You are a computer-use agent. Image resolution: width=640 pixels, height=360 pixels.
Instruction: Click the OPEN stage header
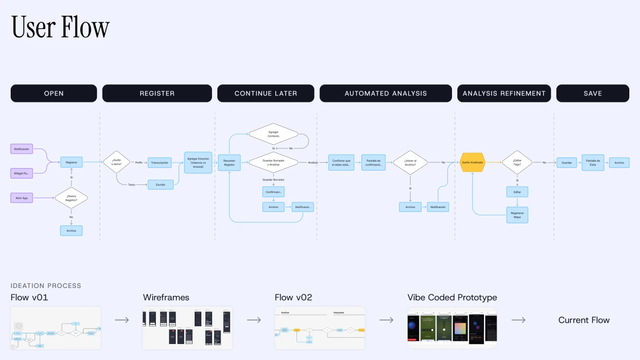tap(54, 93)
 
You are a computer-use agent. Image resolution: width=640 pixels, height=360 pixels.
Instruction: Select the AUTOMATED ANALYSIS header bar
tap(386, 93)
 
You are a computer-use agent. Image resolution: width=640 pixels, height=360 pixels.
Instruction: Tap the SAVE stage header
tap(592, 93)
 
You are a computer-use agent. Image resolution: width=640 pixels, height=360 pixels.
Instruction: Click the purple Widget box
tap(22, 173)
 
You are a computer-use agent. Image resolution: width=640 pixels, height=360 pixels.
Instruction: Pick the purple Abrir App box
tap(22, 198)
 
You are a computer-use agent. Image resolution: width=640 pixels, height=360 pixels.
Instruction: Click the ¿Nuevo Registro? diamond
tap(71, 198)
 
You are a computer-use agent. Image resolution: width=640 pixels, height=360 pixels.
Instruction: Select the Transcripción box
tap(160, 163)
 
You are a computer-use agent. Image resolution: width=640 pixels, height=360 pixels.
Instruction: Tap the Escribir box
tap(160, 184)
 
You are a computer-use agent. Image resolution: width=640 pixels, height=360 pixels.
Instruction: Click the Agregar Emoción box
tap(198, 163)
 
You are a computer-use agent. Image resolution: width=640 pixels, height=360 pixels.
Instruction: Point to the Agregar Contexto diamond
tap(273, 134)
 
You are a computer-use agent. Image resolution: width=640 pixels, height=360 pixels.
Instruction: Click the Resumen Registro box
tap(229, 163)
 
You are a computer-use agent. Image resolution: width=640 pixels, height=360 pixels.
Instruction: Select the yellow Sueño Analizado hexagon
tap(472, 163)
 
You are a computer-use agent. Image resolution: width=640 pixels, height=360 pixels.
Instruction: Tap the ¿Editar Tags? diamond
tap(517, 163)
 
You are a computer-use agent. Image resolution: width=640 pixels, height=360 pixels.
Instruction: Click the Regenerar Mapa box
tap(517, 215)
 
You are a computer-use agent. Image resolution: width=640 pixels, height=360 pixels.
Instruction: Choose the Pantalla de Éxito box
tap(593, 163)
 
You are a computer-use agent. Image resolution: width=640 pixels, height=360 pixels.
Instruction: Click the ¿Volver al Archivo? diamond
tap(410, 163)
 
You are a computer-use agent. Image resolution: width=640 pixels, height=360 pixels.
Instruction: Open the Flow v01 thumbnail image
tap(56, 328)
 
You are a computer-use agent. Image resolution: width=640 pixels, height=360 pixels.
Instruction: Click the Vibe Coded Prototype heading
tap(452, 297)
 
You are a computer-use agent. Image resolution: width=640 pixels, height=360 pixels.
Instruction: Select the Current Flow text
tap(584, 320)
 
